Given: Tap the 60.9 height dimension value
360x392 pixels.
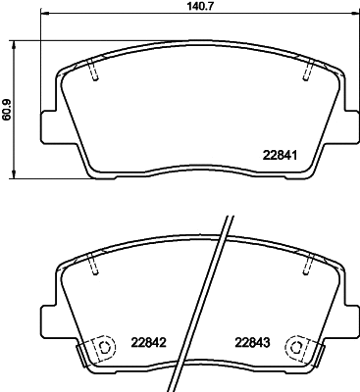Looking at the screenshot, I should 8,108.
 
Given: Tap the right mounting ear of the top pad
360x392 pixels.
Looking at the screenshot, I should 350,125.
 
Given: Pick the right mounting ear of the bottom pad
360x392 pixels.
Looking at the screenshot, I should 350,316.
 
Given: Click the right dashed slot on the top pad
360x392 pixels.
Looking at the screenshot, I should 308,70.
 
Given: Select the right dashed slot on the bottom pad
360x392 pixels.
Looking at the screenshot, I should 308,261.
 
